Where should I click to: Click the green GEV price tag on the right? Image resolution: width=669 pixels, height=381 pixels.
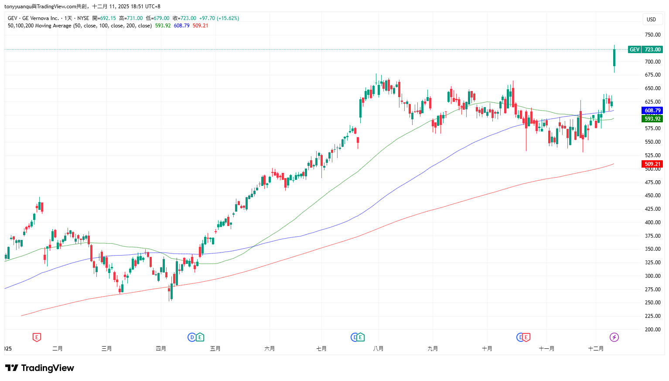click(x=645, y=50)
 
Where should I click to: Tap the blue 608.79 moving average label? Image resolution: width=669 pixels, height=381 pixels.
click(x=652, y=111)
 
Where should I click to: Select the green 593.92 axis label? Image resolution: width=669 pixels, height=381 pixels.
click(x=652, y=119)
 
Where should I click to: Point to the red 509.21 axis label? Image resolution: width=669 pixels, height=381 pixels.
click(x=652, y=164)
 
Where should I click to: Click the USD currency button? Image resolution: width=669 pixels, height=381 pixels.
click(x=651, y=20)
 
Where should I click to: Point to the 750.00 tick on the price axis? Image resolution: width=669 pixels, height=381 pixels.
click(x=652, y=35)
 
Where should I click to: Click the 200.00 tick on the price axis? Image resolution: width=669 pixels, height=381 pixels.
click(x=652, y=330)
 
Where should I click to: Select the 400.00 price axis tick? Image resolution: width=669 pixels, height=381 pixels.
click(x=652, y=223)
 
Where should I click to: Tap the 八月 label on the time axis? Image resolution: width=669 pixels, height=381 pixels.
click(x=378, y=349)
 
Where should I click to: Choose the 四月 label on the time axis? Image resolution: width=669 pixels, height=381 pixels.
click(x=161, y=349)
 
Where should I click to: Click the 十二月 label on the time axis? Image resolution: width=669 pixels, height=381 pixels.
click(x=596, y=349)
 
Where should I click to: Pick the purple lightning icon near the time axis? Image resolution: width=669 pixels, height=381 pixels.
click(x=614, y=337)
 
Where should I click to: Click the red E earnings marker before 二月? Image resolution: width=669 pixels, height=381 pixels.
click(x=37, y=337)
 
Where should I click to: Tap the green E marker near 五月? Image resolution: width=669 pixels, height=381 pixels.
click(x=200, y=337)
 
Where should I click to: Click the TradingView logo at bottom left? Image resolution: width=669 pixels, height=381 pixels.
click(x=40, y=368)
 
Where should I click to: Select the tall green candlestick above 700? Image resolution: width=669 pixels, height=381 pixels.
click(x=614, y=58)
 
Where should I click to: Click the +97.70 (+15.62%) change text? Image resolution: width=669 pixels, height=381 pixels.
click(x=219, y=18)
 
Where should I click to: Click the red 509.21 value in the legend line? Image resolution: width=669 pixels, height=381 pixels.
click(x=200, y=26)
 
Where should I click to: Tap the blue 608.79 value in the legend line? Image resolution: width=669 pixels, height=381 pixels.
click(x=181, y=26)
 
